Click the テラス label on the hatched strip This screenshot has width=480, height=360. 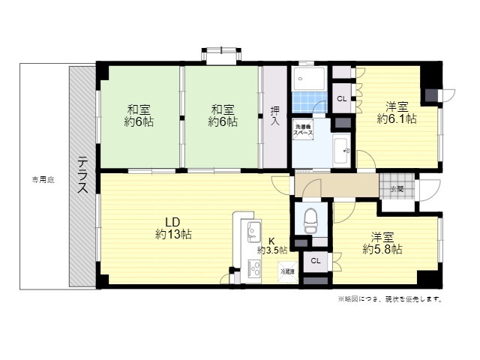tap(82, 175)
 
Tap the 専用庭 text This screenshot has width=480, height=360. tap(43, 179)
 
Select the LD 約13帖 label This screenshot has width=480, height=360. tap(173, 228)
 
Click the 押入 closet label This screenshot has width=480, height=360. tap(274, 115)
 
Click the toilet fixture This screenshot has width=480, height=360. tap(310, 221)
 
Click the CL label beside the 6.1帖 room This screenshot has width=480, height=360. tap(341, 98)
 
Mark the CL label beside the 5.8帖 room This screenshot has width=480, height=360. tap(315, 260)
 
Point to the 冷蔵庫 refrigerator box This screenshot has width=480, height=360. tap(287, 271)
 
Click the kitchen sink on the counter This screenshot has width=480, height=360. tap(251, 229)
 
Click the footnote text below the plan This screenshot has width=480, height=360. tap(390, 298)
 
